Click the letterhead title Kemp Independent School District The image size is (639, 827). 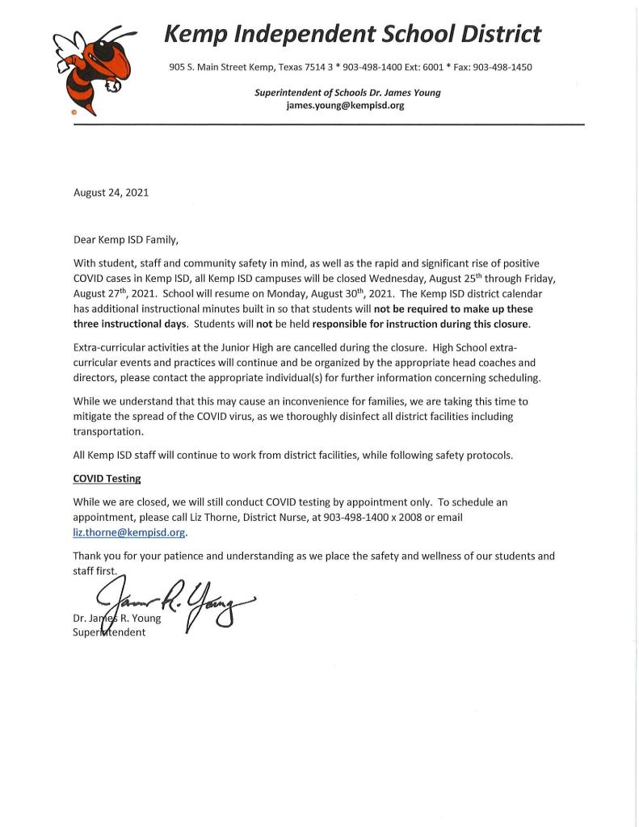tap(352, 34)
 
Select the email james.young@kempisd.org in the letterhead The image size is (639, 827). tap(345, 105)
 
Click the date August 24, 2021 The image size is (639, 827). tap(111, 193)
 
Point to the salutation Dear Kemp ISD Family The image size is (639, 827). tap(125, 240)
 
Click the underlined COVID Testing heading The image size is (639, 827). tap(107, 478)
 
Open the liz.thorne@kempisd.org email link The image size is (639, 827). tap(129, 532)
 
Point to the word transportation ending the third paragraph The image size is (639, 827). tap(109, 431)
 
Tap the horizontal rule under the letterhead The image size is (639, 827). tap(323, 125)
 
